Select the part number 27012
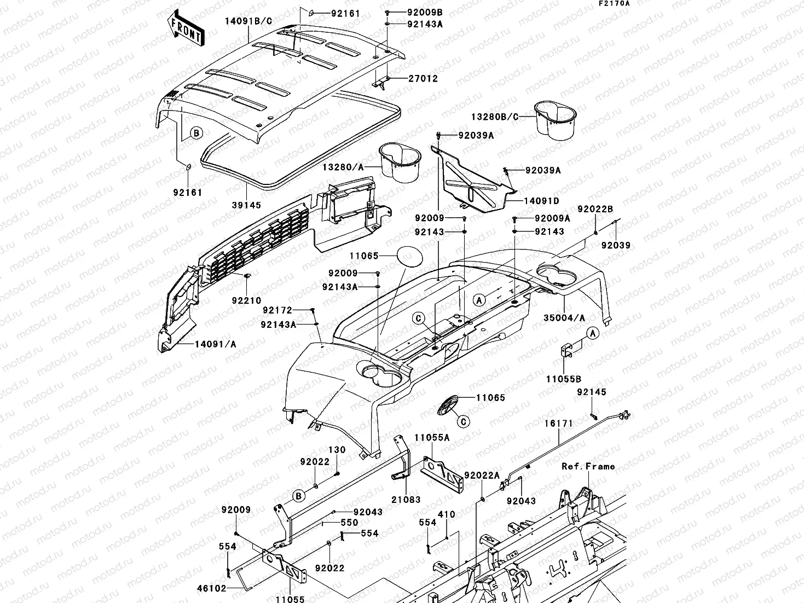(423, 79)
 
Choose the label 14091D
(541, 201)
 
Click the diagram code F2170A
(614, 3)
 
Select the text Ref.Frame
(588, 466)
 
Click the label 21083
(406, 500)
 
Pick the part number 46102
(212, 588)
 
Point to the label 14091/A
(215, 344)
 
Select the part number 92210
(246, 300)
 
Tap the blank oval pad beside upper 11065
(409, 256)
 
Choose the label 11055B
(563, 379)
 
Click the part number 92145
(591, 392)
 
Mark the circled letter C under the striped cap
(462, 421)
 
